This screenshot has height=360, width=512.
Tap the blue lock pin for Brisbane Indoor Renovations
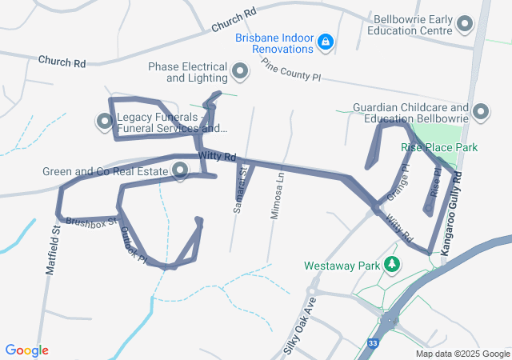(x=326, y=42)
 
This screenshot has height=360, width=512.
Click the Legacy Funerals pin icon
(x=105, y=122)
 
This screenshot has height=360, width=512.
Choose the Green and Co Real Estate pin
(x=179, y=170)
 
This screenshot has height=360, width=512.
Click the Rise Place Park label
(x=439, y=148)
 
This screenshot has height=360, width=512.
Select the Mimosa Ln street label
(x=280, y=192)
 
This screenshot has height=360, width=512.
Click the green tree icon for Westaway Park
(x=392, y=264)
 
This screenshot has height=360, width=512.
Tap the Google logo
(x=26, y=350)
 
